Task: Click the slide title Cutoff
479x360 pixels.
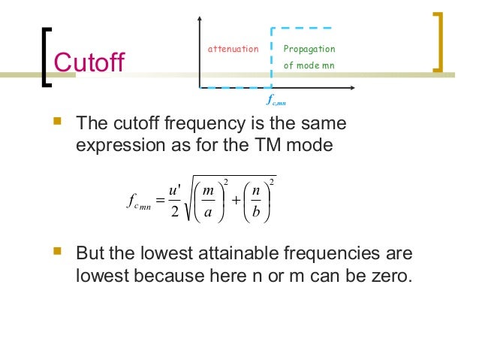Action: click(89, 60)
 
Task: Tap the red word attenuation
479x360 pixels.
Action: click(233, 50)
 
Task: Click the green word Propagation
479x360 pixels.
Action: click(309, 50)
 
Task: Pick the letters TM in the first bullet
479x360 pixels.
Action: click(281, 144)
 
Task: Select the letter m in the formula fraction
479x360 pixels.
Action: click(209, 192)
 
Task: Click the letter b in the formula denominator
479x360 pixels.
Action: click(256, 213)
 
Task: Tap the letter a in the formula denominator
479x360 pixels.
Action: click(209, 213)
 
